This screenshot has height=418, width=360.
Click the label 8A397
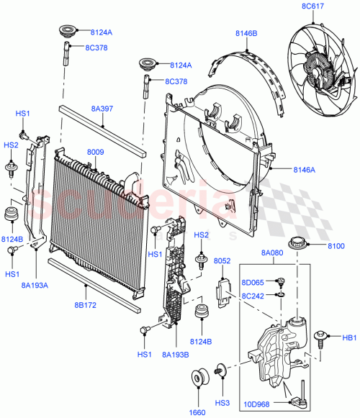tap(102, 109)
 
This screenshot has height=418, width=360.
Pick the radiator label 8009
tap(96, 153)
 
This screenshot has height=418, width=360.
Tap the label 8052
tap(222, 263)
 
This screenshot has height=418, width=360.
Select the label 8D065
tap(254, 283)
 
